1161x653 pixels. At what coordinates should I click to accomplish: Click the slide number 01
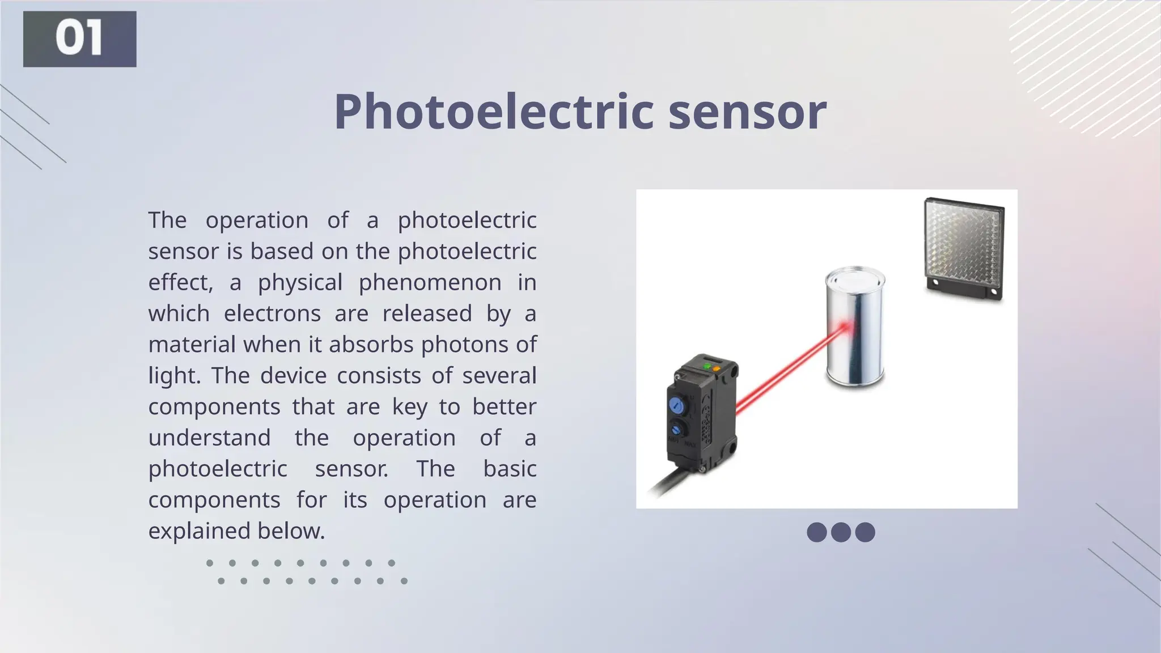click(x=79, y=39)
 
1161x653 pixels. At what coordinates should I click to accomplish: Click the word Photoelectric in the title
click(x=494, y=112)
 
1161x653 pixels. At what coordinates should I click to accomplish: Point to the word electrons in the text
click(x=272, y=313)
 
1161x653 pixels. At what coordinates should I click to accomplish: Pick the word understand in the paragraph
click(x=210, y=438)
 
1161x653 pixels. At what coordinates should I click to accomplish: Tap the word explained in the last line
click(x=199, y=531)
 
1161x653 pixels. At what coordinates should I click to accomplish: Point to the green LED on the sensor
click(x=707, y=367)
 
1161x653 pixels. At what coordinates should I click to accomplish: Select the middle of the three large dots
click(x=841, y=532)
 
